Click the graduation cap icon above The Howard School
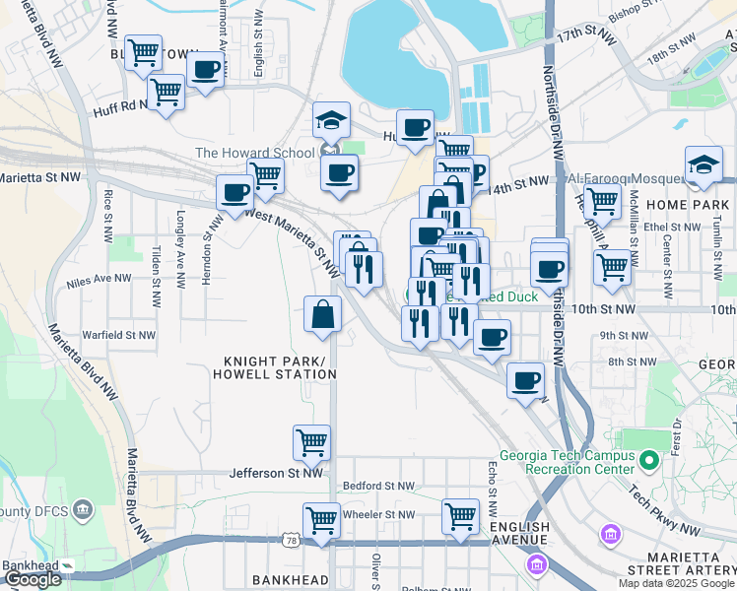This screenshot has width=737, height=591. pos(332,121)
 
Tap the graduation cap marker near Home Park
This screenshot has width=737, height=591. pos(703,164)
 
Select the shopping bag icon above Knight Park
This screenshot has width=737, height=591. pos(322,316)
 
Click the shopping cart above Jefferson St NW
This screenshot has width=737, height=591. pos(311,442)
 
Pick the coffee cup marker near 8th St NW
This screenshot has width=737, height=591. pos(525,380)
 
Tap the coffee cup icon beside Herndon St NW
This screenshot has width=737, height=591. pos(234,192)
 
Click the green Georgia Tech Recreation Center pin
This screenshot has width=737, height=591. pos(648,460)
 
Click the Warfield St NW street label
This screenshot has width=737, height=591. pos(118,335)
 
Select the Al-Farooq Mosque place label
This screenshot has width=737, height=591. pos(626,179)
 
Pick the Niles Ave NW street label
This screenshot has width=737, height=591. pos(99,281)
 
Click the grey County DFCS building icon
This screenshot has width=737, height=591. pos(82,511)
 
